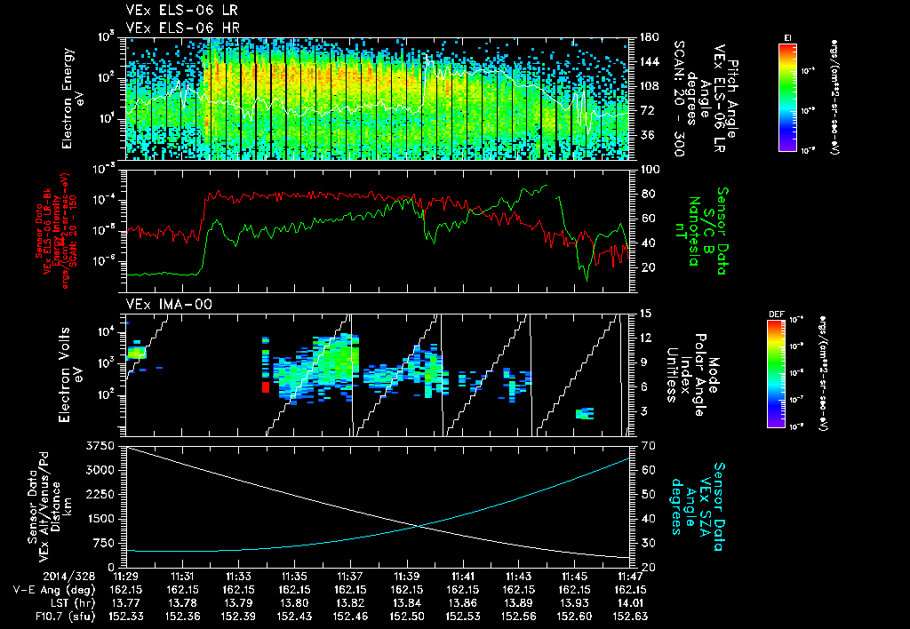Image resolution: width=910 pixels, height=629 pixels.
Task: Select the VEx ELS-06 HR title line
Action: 175,27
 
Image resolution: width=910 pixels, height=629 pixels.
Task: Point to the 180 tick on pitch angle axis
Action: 647,37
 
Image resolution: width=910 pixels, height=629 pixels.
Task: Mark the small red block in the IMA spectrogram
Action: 265,386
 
